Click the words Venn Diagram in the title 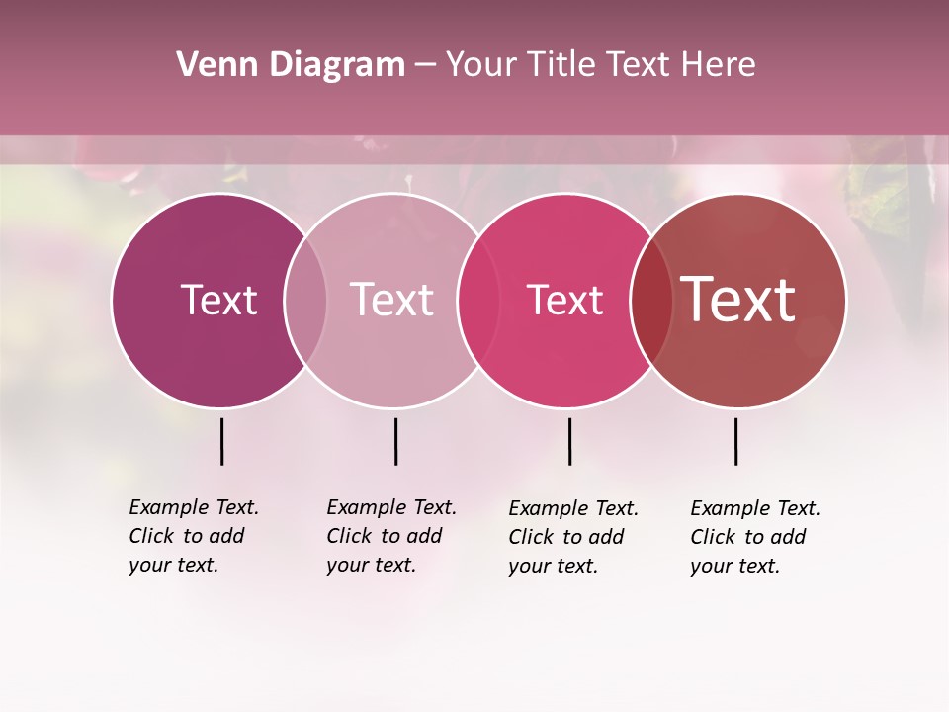pos(291,65)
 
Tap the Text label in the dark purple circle pos(218,300)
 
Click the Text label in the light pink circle pos(392,300)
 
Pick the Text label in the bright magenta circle pos(564,300)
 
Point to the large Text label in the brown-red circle pos(738,300)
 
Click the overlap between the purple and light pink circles pos(305,300)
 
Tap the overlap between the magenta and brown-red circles pos(652,300)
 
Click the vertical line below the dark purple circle pos(221,441)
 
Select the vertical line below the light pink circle pos(395,441)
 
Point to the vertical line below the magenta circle pos(569,441)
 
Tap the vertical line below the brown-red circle pos(735,441)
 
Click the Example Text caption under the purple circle pos(194,536)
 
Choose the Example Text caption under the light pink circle pos(391,536)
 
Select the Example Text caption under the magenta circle pos(573,537)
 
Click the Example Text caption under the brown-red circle pos(755,537)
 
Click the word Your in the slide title pos(481,65)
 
